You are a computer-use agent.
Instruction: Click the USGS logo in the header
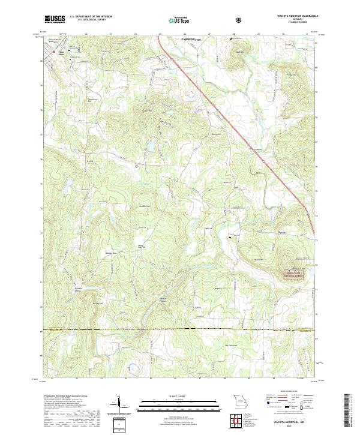[x=55, y=19]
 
